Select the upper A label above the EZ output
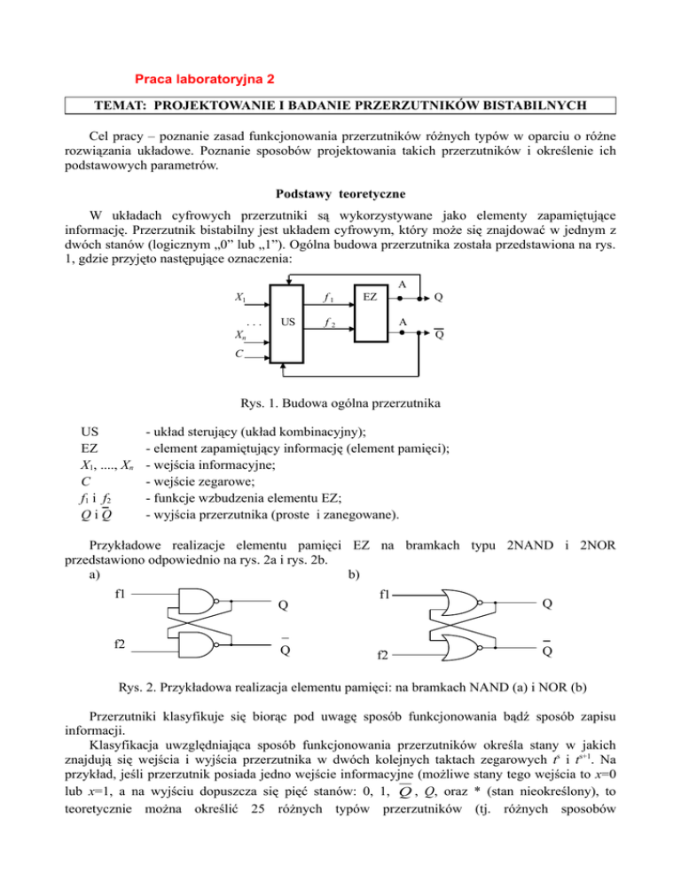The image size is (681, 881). click(403, 284)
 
